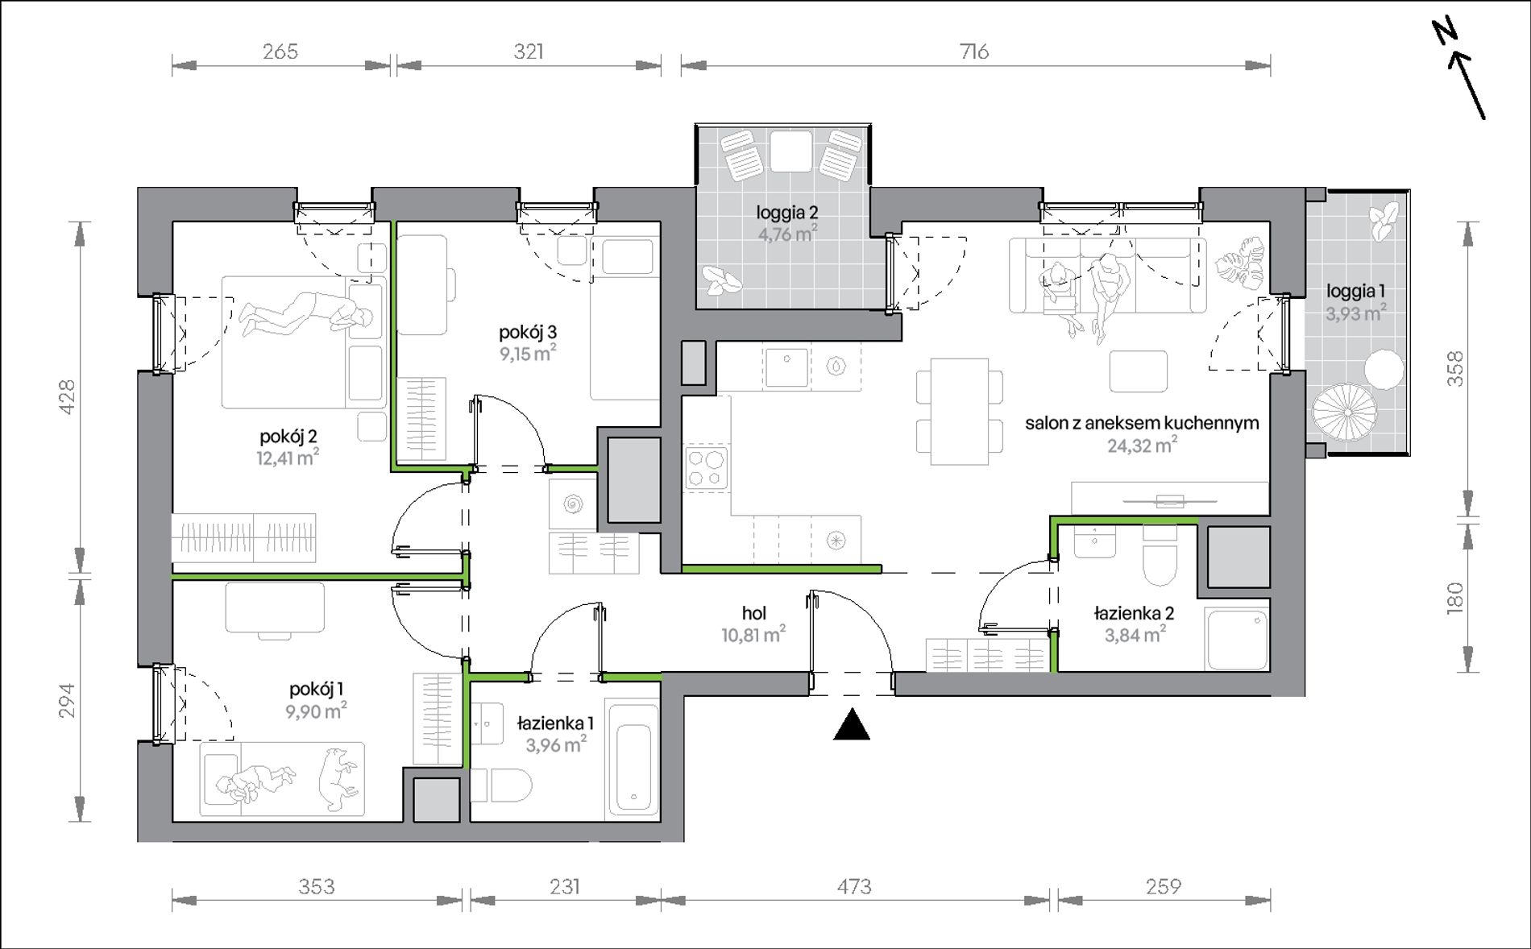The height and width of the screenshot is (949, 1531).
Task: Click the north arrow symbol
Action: coord(1459,79)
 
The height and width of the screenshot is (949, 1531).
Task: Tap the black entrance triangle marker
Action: coord(852,724)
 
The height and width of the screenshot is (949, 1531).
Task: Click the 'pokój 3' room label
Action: coord(528,332)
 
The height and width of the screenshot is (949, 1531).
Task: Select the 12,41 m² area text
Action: coord(288,458)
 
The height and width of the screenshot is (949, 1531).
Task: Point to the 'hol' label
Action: coord(754,614)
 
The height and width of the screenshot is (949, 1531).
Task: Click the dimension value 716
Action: coord(974,52)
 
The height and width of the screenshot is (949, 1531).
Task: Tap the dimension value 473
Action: coord(854,887)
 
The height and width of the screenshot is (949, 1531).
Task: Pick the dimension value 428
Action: coord(68,396)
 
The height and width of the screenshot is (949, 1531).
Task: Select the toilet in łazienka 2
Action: coord(1160,557)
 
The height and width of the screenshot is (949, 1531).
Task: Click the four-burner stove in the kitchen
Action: coord(707,468)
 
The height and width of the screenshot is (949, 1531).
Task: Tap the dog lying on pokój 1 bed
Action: coord(337,778)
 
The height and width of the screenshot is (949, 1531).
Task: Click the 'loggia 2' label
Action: coord(787,213)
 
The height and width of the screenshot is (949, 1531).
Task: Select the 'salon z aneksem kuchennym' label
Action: coord(1142,423)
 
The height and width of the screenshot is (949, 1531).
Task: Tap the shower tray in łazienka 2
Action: coord(1238,639)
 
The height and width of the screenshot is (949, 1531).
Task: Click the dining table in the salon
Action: coord(959,412)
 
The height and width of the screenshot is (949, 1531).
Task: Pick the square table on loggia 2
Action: coord(790,151)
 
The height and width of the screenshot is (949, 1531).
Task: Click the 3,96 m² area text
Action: coord(557,744)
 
